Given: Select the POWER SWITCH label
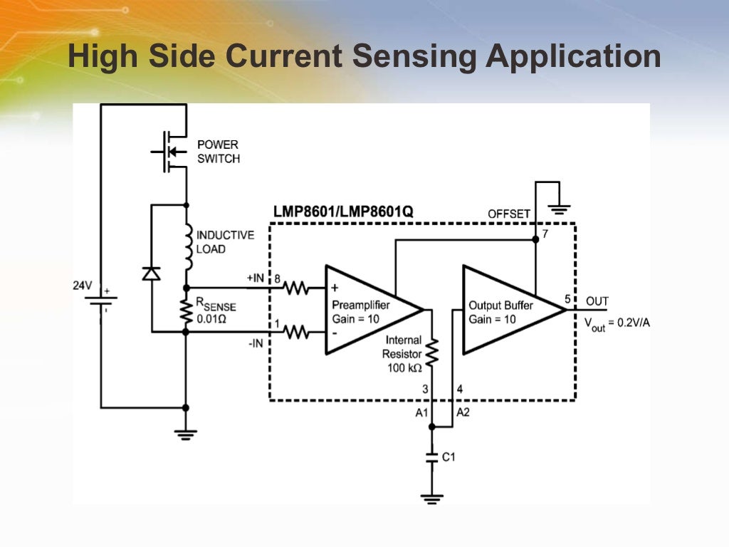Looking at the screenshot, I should tap(218, 152).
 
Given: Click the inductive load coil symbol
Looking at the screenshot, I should tap(187, 246).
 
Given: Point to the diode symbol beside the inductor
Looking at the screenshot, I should tap(151, 273).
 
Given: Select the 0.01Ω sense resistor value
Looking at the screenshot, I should tap(211, 318).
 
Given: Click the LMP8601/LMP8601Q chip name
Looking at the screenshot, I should tap(343, 212).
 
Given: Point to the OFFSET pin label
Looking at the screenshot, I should tap(509, 214).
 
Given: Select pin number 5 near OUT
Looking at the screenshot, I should tap(568, 299).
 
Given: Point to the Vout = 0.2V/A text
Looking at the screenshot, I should tap(617, 323).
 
